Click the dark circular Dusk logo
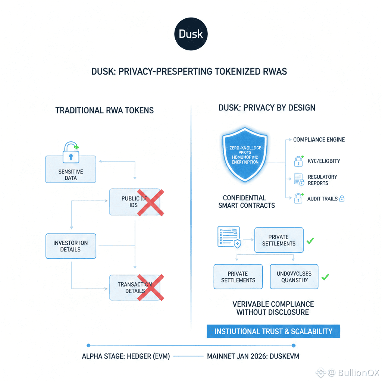click(x=191, y=34)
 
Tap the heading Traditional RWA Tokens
click(x=104, y=110)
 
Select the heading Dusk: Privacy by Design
click(x=267, y=108)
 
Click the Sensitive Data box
click(x=71, y=169)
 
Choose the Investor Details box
click(x=71, y=246)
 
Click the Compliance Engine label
click(x=319, y=140)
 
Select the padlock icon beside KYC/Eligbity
click(x=298, y=161)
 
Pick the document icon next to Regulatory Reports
click(x=299, y=180)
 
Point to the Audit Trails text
click(x=322, y=199)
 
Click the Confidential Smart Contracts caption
click(x=247, y=201)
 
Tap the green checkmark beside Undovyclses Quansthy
click(x=325, y=277)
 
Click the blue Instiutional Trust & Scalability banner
click(x=273, y=331)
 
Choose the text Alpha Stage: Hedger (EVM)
click(x=126, y=356)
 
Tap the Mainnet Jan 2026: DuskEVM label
click(x=253, y=356)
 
